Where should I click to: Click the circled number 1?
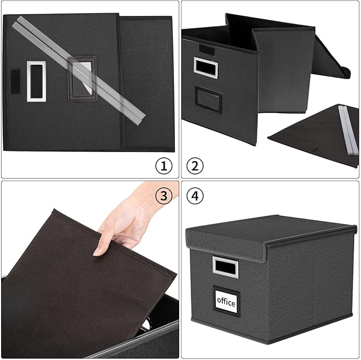coord(164,165)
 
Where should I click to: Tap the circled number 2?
coord(195,165)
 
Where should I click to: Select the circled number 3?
coord(164,196)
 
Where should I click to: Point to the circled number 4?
coord(195,196)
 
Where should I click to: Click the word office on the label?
coord(226,302)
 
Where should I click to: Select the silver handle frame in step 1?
coord(36,81)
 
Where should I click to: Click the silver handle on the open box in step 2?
coord(203,66)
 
